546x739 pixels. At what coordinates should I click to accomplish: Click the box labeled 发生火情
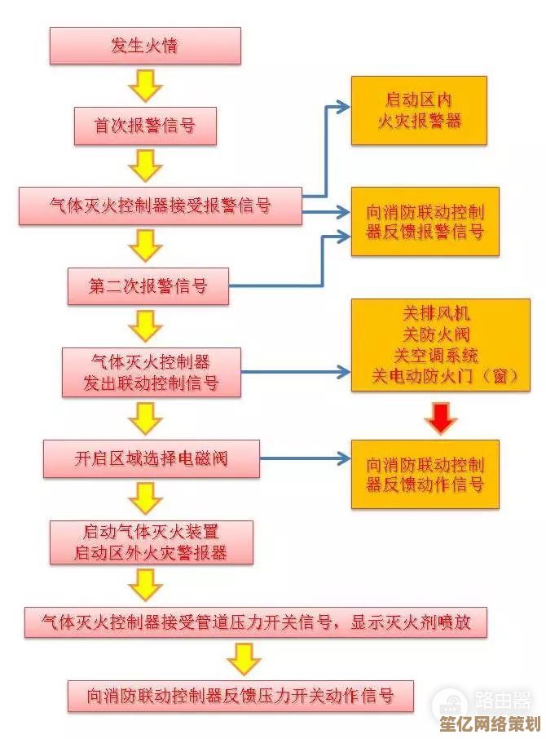[x=145, y=46]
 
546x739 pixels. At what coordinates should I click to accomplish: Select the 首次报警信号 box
[x=145, y=126]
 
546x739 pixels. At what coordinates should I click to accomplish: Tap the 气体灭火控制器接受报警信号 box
[x=160, y=206]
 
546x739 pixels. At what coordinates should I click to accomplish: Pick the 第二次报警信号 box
[x=148, y=285]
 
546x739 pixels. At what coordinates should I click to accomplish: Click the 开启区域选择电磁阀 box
[x=151, y=458]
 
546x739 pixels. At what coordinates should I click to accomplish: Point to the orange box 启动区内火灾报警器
[x=419, y=111]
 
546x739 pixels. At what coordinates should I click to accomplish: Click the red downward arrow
[x=441, y=418]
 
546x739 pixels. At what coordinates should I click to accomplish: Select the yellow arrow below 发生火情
[x=145, y=85]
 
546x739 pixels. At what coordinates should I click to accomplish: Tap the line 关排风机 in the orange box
[x=437, y=313]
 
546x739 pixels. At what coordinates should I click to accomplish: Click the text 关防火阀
[x=437, y=334]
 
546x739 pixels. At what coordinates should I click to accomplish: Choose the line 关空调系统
[x=437, y=356]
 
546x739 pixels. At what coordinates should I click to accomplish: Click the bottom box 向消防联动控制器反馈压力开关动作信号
[x=240, y=696]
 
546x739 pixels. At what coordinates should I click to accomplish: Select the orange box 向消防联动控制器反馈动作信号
[x=425, y=475]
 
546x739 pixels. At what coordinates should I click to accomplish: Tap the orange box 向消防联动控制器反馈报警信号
[x=425, y=222]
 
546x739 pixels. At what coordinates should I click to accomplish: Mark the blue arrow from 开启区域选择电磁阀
[x=306, y=459]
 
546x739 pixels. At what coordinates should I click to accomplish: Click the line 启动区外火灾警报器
[x=151, y=554]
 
